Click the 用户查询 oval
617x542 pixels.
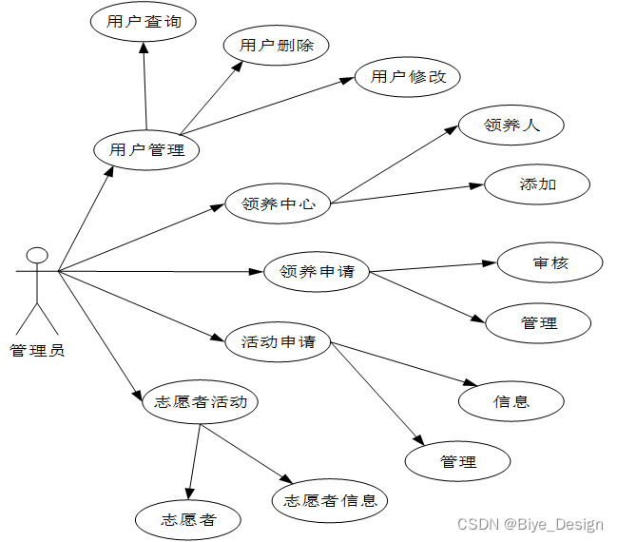click(144, 22)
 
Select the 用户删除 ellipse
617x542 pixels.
click(276, 45)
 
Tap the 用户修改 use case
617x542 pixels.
click(408, 77)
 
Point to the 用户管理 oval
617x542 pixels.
click(146, 149)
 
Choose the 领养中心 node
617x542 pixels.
click(279, 203)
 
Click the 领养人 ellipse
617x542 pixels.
click(511, 125)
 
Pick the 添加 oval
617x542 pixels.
click(538, 184)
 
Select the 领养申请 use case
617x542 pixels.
click(317, 272)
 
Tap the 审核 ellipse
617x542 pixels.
click(550, 262)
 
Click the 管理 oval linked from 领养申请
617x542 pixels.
click(539, 322)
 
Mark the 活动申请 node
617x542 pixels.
click(279, 341)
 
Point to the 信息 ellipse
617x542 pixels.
click(511, 400)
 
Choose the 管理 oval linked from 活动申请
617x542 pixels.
click(458, 461)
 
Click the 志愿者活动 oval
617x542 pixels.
click(200, 401)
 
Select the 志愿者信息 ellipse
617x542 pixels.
click(330, 500)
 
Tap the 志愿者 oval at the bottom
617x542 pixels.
click(188, 519)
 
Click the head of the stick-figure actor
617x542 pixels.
click(37, 255)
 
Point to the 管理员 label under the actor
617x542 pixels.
click(37, 351)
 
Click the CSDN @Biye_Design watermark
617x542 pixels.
click(530, 524)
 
